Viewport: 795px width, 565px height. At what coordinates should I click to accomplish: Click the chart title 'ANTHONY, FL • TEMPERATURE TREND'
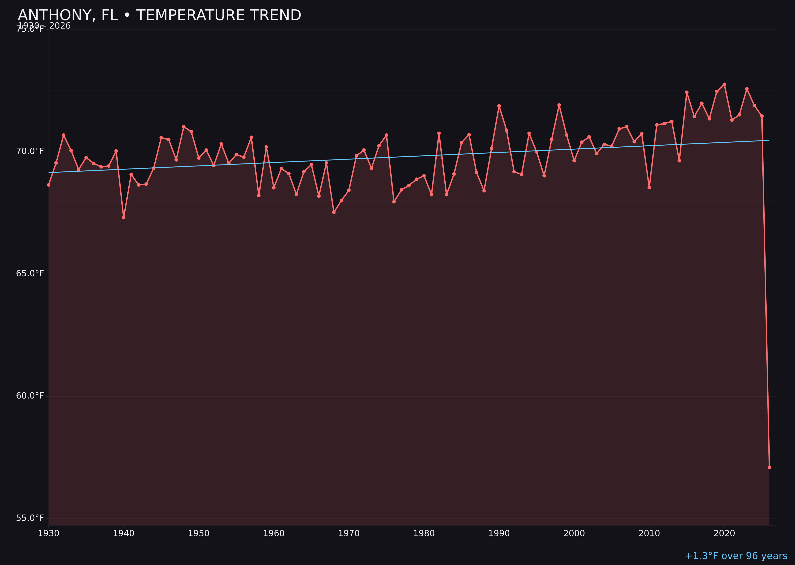(x=159, y=15)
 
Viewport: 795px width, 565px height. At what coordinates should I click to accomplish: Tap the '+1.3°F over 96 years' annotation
(x=736, y=556)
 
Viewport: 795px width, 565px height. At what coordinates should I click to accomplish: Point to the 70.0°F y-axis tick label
(x=30, y=151)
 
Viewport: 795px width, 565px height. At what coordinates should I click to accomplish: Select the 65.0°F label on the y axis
(x=30, y=273)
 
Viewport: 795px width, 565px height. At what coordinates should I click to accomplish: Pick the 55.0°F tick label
(x=30, y=518)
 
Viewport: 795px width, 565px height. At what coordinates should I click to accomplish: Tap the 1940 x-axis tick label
(x=124, y=533)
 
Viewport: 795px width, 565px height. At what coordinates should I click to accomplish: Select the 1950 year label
(x=199, y=533)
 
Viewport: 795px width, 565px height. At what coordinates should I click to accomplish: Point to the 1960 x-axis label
(x=274, y=533)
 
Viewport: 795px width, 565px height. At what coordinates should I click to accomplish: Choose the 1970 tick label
(x=349, y=533)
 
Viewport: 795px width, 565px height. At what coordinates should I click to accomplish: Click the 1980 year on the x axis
(x=424, y=533)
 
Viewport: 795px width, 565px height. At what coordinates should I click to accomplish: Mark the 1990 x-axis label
(x=499, y=533)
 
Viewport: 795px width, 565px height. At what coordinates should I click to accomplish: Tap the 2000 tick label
(x=574, y=533)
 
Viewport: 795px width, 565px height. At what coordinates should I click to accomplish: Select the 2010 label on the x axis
(x=649, y=533)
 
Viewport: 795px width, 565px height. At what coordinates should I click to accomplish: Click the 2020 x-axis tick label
(x=724, y=533)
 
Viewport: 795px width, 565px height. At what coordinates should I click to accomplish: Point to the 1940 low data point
(x=124, y=218)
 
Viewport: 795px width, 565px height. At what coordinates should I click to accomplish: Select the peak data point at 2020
(x=724, y=84)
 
